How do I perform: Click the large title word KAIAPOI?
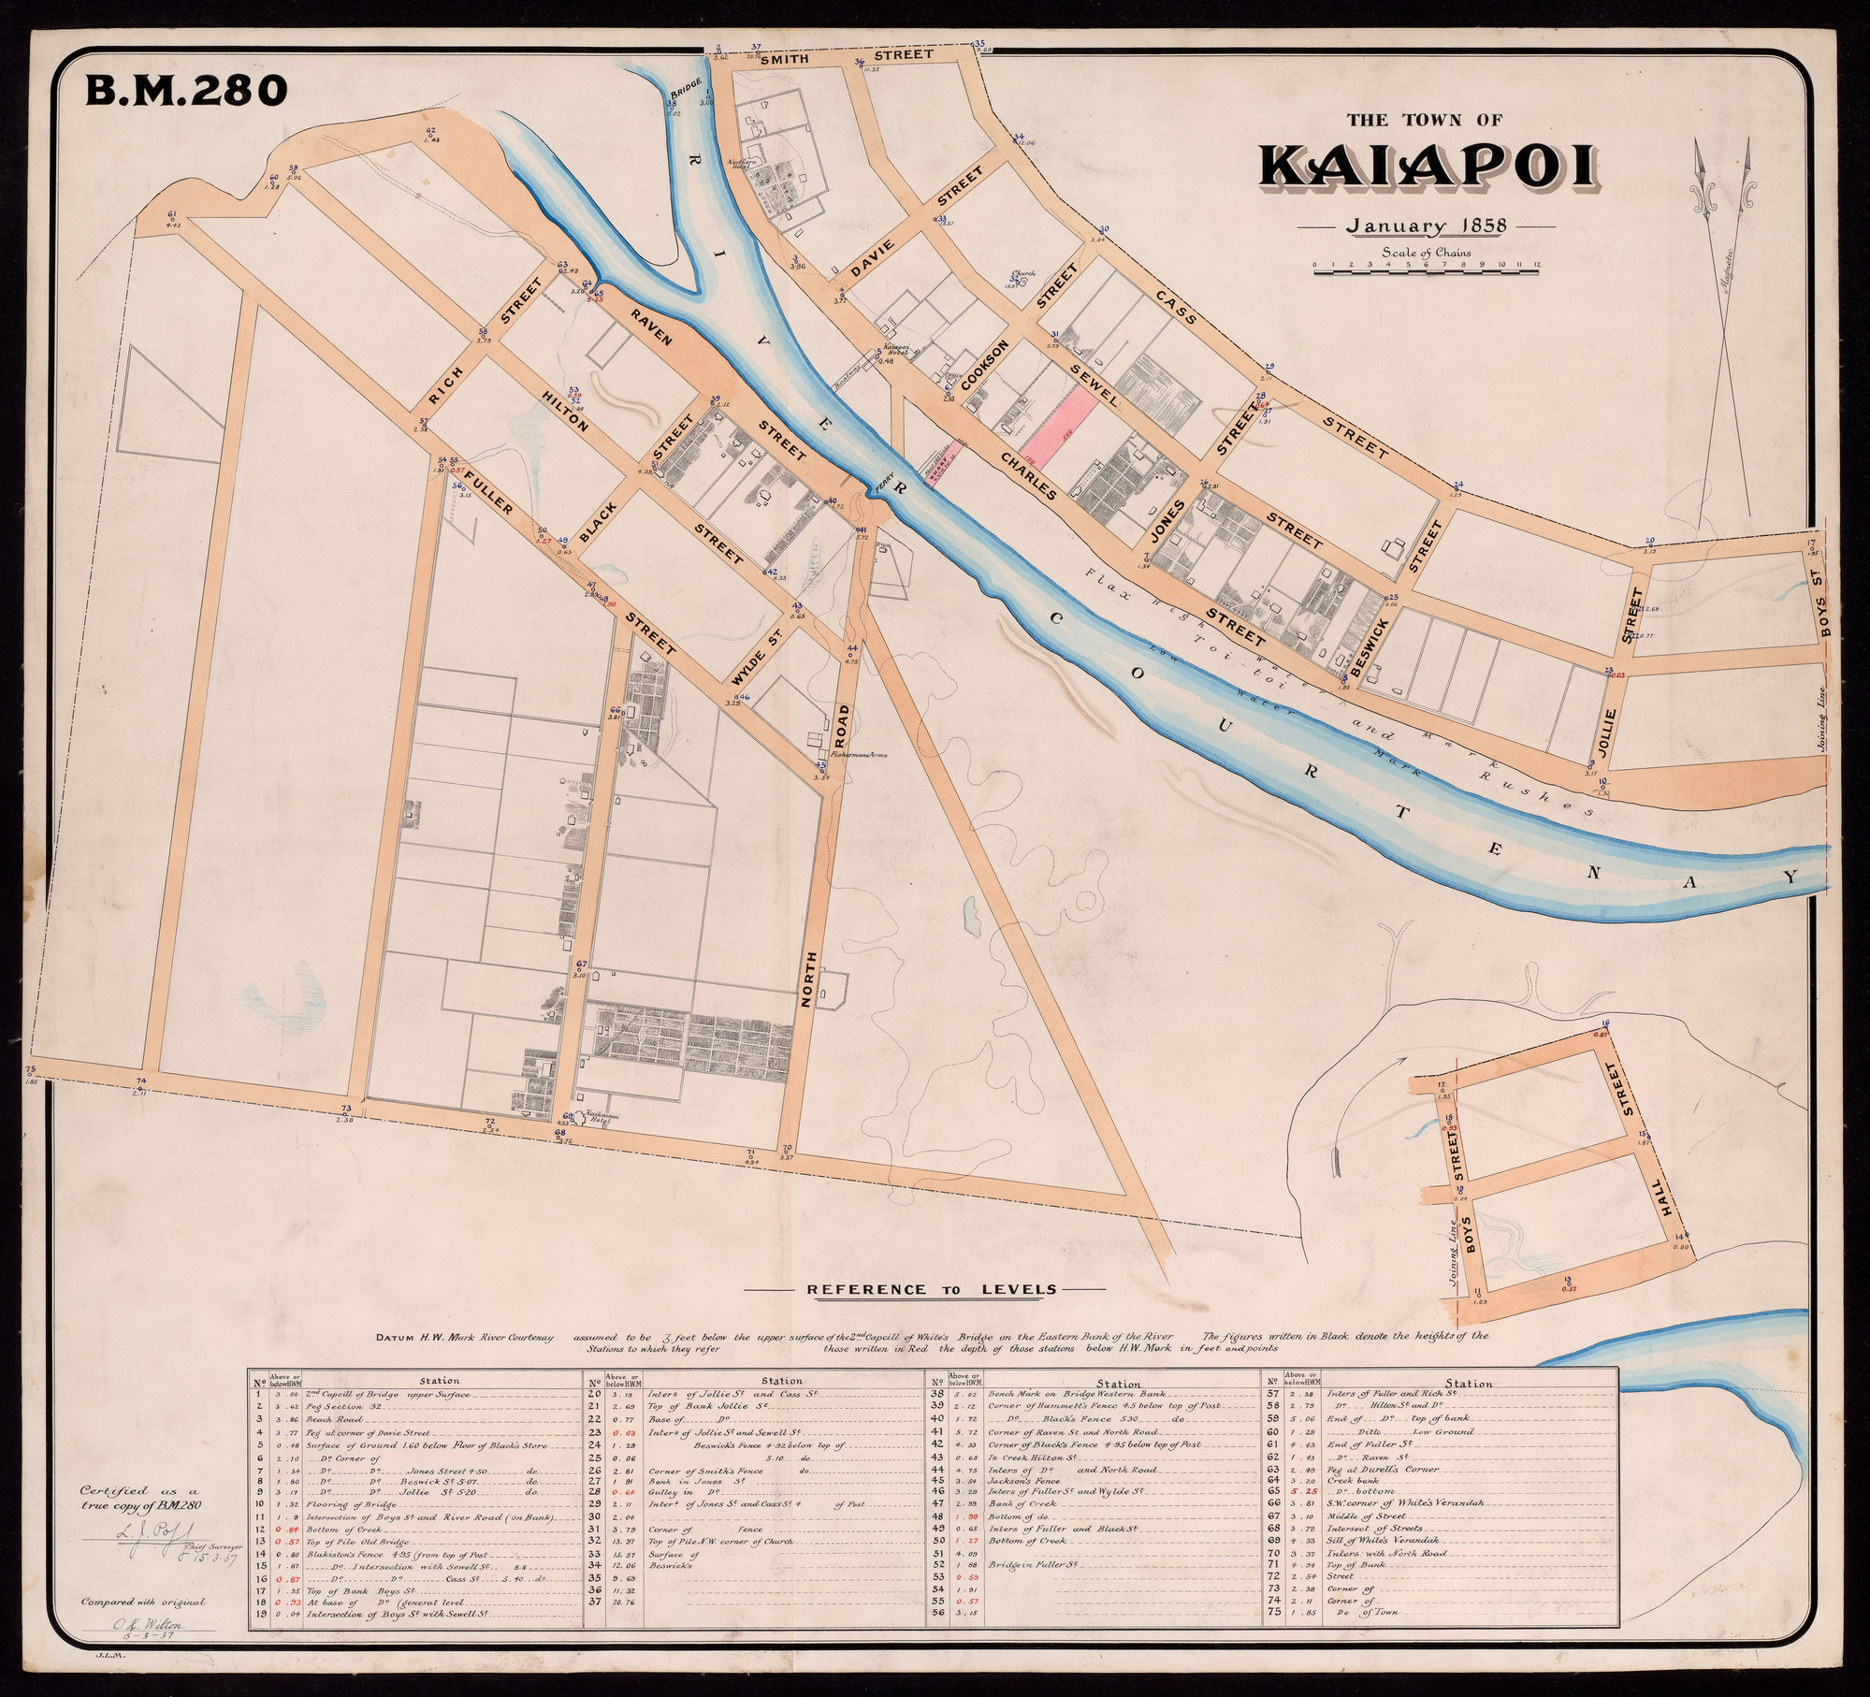tap(1426, 170)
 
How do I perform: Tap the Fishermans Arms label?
tap(849, 755)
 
